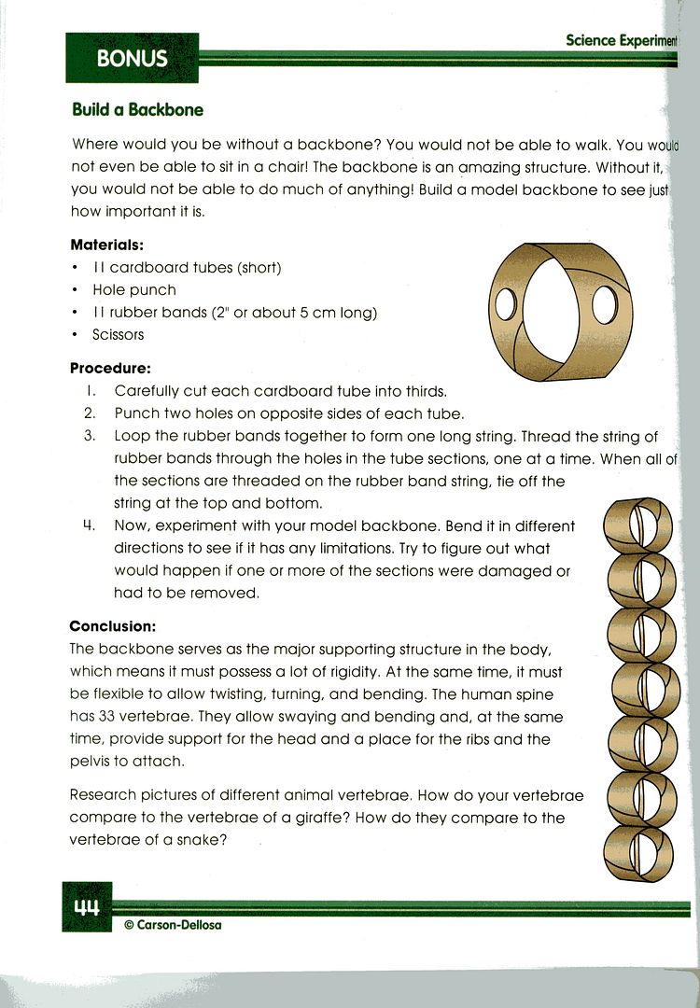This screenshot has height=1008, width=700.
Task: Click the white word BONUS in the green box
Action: tap(132, 59)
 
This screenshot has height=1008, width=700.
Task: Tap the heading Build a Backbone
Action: tap(137, 110)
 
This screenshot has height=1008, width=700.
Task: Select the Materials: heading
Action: tap(107, 245)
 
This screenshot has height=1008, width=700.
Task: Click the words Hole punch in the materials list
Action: tap(134, 290)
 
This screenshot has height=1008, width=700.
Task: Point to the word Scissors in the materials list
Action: tap(119, 334)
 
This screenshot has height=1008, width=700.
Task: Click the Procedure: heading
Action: tap(110, 369)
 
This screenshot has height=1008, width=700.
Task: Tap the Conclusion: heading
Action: tap(112, 626)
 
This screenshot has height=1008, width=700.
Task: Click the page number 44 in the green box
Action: tap(86, 906)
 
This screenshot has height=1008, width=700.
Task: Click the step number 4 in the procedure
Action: tap(91, 526)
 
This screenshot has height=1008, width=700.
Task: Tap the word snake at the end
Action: tap(205, 839)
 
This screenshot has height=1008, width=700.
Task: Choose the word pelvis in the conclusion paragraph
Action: tap(91, 762)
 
